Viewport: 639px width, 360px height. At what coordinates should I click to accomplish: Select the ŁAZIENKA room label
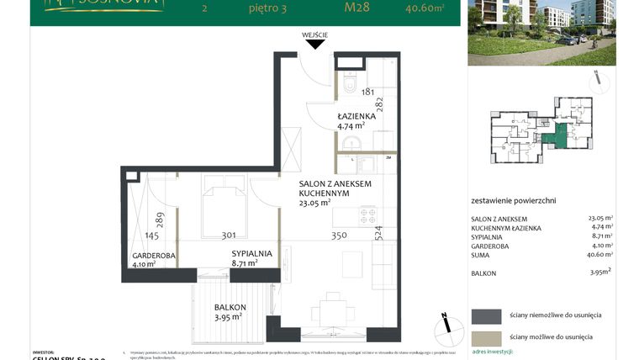coord(356,115)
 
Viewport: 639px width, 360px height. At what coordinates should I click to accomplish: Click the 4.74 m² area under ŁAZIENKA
coord(355,127)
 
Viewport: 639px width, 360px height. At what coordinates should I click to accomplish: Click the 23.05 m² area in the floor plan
coord(314,203)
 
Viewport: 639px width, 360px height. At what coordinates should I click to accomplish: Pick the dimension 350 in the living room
coord(339,236)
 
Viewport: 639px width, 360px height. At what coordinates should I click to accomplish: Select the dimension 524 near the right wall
coord(378,232)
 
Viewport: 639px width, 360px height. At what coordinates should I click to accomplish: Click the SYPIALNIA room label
coord(251,252)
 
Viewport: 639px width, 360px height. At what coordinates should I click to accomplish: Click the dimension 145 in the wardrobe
coord(151,236)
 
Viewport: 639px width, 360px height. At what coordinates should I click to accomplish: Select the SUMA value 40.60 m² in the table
coord(600,253)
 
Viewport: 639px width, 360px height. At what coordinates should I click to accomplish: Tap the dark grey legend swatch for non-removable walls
coord(486,315)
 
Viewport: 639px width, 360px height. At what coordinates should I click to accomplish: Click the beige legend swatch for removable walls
coord(486,336)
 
